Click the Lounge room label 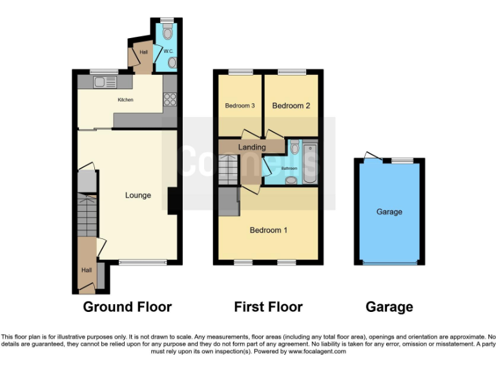coord(138,195)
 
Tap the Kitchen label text coord(125,100)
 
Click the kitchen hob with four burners coord(170,99)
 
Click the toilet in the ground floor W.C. coord(168,32)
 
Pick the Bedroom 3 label coord(239,106)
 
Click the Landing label coord(252,147)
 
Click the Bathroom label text coord(289,169)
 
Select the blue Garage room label coord(389,211)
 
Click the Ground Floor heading coord(127,307)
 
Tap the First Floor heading coord(268,307)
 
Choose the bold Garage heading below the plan coord(389,307)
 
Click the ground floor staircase coord(87,216)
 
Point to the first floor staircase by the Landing coord(229,170)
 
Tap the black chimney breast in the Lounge coord(173,201)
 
